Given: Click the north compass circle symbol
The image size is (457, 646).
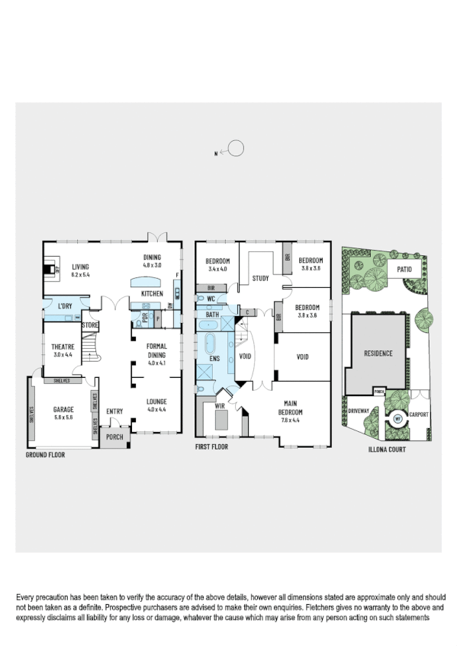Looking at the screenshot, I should (237, 149).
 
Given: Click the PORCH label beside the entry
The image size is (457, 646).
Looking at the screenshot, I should (114, 437).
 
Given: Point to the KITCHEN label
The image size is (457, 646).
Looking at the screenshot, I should (152, 293).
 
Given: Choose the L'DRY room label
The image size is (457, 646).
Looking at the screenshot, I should (64, 306).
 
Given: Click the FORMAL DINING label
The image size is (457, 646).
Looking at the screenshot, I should (156, 350).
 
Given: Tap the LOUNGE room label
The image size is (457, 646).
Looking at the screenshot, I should (156, 401).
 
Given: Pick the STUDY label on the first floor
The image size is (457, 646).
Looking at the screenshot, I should (260, 279).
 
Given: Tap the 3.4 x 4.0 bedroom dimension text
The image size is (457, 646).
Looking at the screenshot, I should (217, 269).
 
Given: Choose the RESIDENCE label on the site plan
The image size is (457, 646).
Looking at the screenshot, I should (378, 353).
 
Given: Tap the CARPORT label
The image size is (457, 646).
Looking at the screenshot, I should (419, 414).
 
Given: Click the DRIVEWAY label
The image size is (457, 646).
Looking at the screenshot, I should (359, 411).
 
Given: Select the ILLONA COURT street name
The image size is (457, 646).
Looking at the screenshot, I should (387, 450).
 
